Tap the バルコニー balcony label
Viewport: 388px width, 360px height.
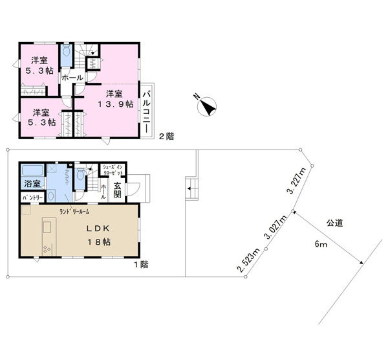[x=147, y=112]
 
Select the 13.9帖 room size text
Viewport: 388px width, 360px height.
[x=116, y=104]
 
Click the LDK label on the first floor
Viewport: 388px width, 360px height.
[x=98, y=229]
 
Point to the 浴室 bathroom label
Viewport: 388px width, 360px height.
[x=32, y=184]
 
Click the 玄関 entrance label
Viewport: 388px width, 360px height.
[x=117, y=190]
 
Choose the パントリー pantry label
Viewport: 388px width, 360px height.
[x=32, y=197]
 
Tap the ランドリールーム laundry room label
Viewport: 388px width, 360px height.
[x=74, y=212]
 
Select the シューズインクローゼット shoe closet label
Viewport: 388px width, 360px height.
[x=113, y=170]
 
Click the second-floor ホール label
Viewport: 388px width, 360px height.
[x=72, y=78]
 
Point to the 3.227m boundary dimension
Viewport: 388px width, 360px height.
[x=296, y=181]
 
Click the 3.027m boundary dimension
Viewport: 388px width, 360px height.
[x=275, y=227]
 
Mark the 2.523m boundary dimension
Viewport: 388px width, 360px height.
[x=248, y=260]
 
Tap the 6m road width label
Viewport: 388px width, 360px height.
[x=321, y=244]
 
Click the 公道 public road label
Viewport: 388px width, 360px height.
[x=335, y=223]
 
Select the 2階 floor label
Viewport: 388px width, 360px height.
[x=166, y=136]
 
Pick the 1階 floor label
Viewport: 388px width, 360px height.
[x=141, y=265]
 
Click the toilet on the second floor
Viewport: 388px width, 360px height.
[x=66, y=51]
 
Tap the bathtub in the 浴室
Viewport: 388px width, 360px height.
[x=33, y=170]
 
